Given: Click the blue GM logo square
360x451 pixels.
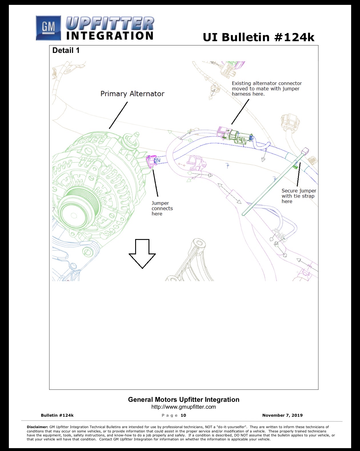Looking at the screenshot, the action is tap(48, 28).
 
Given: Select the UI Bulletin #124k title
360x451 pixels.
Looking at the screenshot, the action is tap(259, 37).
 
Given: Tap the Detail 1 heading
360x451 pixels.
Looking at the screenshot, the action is tap(66, 50).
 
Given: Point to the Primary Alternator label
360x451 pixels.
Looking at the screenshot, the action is tap(132, 94).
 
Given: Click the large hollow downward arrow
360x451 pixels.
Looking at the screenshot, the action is tap(142, 254).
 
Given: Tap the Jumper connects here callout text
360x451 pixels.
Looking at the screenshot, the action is tap(162, 208).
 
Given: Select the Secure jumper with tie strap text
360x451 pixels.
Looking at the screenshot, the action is tap(299, 196).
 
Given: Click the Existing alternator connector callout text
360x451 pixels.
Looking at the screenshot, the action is tap(267, 88).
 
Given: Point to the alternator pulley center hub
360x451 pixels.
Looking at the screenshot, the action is tap(74, 215).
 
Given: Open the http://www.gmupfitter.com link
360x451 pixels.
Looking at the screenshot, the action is tap(183, 407).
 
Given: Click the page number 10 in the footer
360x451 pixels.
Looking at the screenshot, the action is tap(183, 415).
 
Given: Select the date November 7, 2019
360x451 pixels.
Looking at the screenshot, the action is tap(282, 415).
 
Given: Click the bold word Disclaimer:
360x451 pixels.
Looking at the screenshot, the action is tap(37, 427).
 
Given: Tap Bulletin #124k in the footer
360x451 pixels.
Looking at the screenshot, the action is tap(57, 415).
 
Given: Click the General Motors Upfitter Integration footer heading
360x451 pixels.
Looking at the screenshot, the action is tap(184, 400).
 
